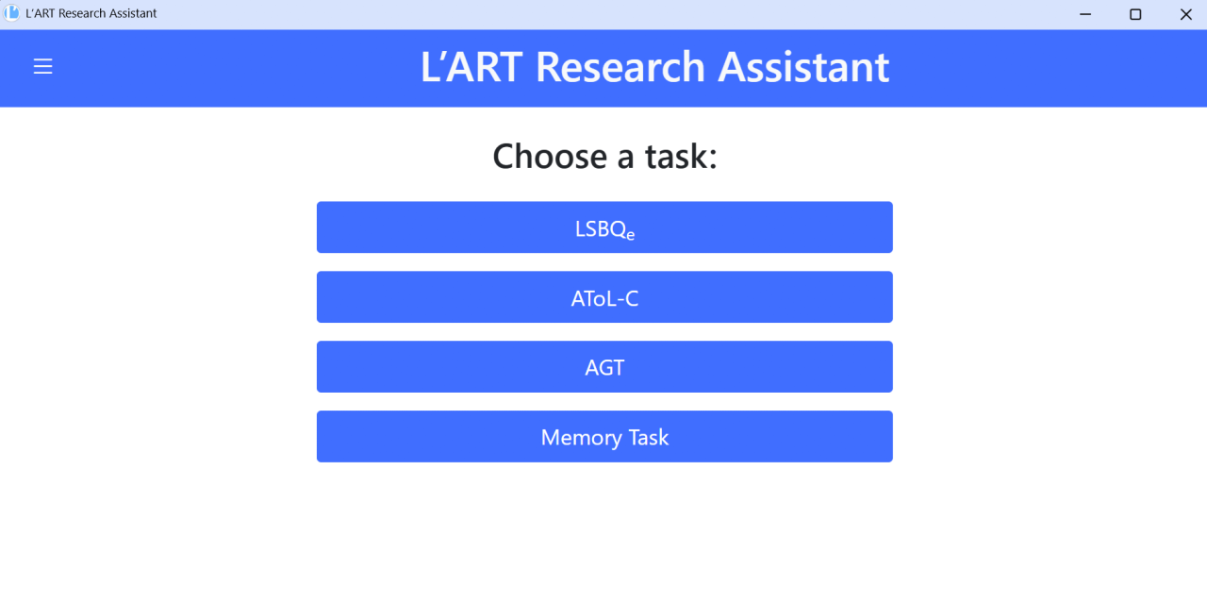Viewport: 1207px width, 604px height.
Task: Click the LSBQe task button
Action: pyautogui.click(x=604, y=227)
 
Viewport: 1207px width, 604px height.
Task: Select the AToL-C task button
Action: pyautogui.click(x=604, y=297)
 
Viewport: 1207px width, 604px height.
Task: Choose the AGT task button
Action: pyautogui.click(x=604, y=367)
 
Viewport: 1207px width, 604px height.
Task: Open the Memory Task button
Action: pyautogui.click(x=604, y=436)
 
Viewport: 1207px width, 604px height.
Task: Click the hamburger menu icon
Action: pyautogui.click(x=43, y=66)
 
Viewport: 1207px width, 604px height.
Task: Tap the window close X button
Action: pyautogui.click(x=1186, y=14)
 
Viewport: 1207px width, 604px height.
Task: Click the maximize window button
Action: pyautogui.click(x=1135, y=14)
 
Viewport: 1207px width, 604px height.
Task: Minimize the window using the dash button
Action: pyautogui.click(x=1085, y=14)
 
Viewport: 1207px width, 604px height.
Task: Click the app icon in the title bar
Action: pyautogui.click(x=12, y=13)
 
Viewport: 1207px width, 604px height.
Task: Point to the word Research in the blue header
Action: pyautogui.click(x=620, y=67)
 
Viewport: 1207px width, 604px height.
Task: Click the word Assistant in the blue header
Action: pyautogui.click(x=803, y=67)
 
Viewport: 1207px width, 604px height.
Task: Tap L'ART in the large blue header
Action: pyautogui.click(x=471, y=67)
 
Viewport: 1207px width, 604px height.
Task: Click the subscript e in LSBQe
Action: pyautogui.click(x=631, y=235)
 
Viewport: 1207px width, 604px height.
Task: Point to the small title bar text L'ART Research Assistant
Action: pyautogui.click(x=91, y=13)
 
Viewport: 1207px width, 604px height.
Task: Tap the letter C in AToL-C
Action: pyautogui.click(x=632, y=299)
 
